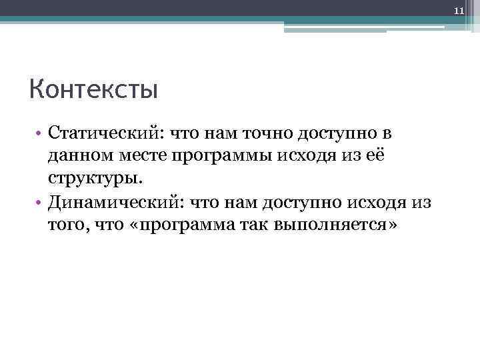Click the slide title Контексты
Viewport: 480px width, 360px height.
click(93, 89)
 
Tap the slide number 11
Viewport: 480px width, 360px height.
click(458, 11)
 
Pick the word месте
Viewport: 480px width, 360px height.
click(140, 156)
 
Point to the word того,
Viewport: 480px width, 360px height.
click(67, 225)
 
